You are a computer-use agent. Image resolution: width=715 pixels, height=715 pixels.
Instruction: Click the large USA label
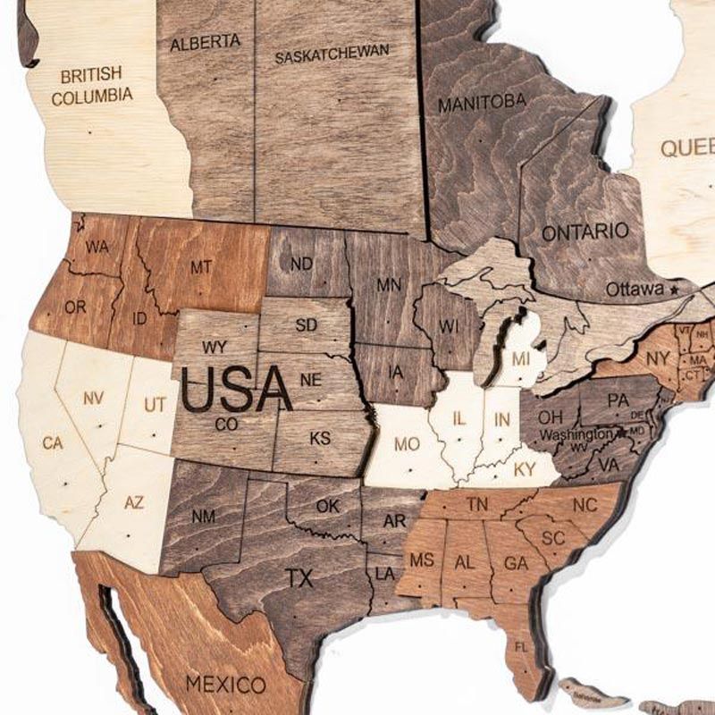[x=236, y=390]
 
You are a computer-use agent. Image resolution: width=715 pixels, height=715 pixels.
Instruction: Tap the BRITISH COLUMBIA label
[x=91, y=86]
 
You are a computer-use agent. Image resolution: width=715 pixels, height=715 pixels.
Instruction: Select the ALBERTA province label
[x=206, y=42]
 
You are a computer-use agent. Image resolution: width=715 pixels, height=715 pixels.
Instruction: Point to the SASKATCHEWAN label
[x=332, y=55]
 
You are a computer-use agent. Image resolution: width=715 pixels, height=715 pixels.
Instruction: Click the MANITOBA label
[x=482, y=103]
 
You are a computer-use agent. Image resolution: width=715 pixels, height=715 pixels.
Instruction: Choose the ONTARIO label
[x=585, y=231]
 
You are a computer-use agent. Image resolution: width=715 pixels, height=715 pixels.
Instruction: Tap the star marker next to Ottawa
[x=673, y=290]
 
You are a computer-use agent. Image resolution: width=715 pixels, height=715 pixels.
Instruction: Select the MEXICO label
[x=225, y=686]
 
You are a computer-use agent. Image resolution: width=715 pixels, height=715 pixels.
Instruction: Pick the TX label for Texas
[x=300, y=578]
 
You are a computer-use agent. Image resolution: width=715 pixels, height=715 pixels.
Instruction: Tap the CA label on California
[x=53, y=442]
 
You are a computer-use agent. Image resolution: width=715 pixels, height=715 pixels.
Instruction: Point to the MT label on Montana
[x=200, y=266]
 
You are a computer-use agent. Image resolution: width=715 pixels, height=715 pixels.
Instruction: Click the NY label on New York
[x=658, y=357]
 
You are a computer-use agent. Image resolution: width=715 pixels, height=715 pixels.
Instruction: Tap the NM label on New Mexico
[x=204, y=516]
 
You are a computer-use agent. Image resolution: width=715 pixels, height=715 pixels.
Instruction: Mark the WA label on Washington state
[x=97, y=245]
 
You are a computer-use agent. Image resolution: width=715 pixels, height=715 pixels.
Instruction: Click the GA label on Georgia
[x=516, y=563]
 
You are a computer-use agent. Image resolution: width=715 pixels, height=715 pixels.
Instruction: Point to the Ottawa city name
[x=635, y=290]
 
